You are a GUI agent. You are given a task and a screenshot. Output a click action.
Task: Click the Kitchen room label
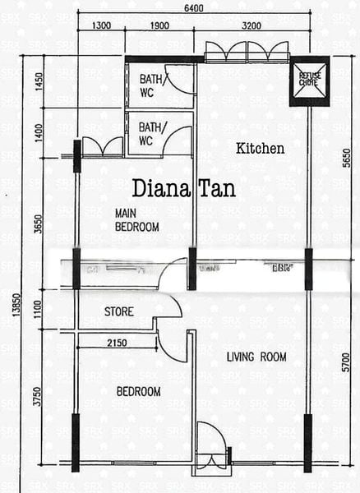pos(260,149)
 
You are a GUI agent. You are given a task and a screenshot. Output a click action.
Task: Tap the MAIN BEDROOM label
pos(136,219)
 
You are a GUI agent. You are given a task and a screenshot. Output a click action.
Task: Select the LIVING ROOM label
pos(256,357)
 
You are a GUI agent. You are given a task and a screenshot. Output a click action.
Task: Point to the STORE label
pos(119,312)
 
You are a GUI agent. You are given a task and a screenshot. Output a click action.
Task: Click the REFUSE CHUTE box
pos(308,80)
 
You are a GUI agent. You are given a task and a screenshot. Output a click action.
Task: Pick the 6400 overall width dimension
pos(195,8)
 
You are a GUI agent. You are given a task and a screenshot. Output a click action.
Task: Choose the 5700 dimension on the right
pos(346,362)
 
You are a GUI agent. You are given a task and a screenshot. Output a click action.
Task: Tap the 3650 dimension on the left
pos(36,224)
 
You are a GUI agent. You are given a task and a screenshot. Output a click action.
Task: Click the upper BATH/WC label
pos(151,85)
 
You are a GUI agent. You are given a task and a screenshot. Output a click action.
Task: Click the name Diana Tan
pos(183,189)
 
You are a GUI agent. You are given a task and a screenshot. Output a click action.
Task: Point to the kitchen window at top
pos(246,53)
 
